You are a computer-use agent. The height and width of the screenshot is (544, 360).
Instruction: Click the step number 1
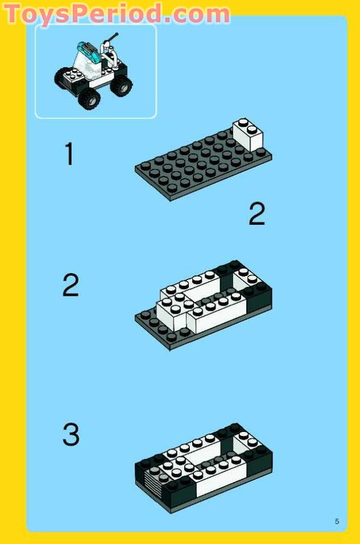pyautogui.click(x=69, y=154)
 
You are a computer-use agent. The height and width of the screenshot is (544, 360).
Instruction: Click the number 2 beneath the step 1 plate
pyautogui.click(x=256, y=215)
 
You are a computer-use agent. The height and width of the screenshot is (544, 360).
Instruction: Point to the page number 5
pyautogui.click(x=337, y=521)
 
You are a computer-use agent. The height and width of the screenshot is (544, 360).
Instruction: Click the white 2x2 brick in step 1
pyautogui.click(x=247, y=135)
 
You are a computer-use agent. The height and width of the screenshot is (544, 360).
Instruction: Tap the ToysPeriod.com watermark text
pyautogui.click(x=117, y=13)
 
